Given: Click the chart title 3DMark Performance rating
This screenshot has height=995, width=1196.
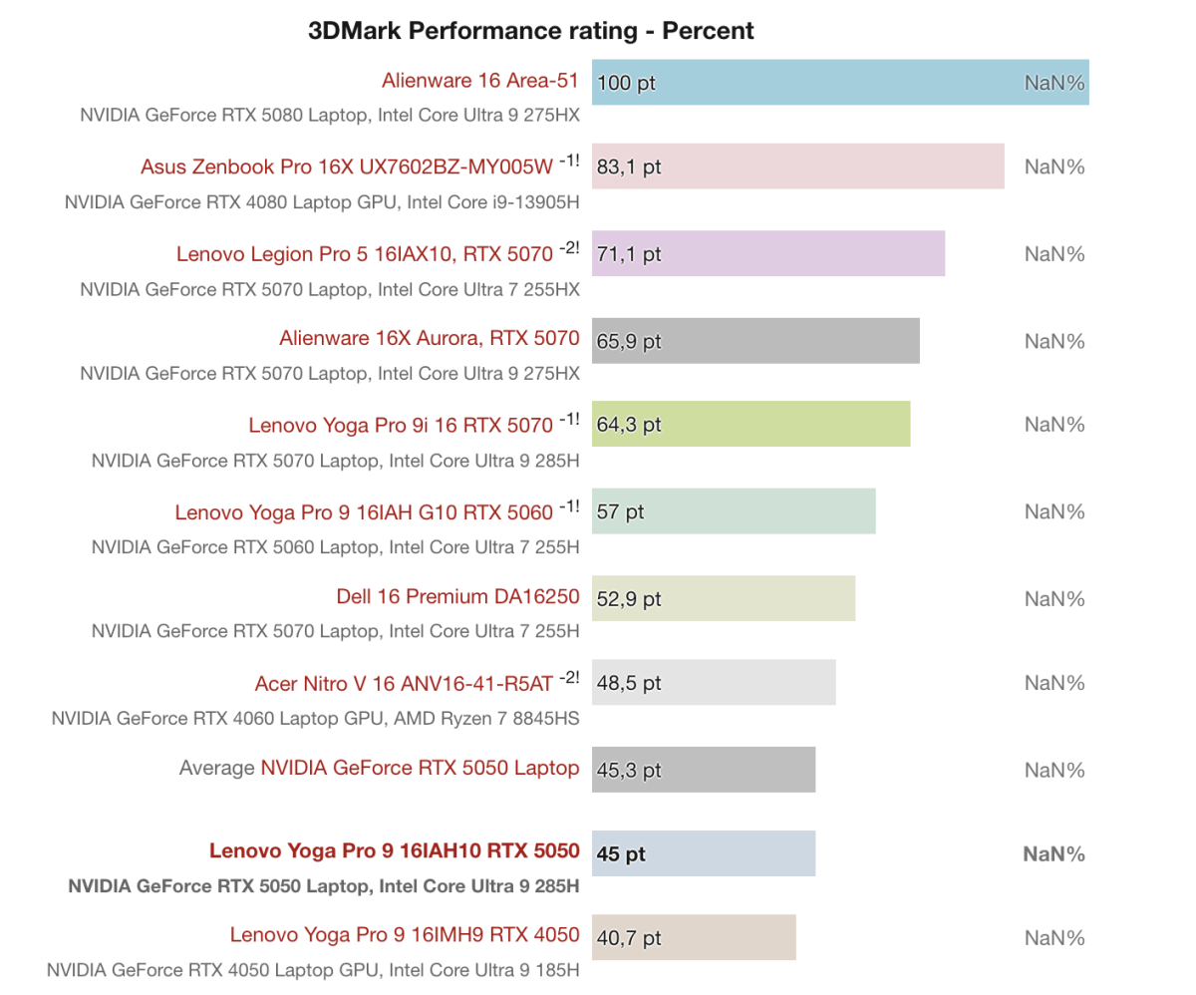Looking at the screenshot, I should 531,31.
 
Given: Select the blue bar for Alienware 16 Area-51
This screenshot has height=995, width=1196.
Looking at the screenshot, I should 839,82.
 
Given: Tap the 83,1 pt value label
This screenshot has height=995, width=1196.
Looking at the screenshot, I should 629,166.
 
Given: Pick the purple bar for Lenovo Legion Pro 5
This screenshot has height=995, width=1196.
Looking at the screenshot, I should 767,253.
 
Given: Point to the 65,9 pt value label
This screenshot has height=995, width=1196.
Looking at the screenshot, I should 629,341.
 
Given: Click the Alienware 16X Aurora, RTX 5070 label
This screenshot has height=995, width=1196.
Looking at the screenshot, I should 430,339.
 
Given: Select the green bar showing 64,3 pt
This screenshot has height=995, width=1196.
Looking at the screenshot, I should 750,425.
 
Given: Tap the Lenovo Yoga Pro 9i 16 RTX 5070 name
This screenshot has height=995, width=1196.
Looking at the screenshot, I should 400,426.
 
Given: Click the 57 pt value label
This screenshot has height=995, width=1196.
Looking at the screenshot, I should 621,512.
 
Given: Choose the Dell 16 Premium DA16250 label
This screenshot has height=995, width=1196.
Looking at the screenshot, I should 457,598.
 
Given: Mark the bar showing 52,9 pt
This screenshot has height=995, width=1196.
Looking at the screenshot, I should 723,598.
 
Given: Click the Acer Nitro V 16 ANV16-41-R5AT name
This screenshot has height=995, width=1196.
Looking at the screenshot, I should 403,685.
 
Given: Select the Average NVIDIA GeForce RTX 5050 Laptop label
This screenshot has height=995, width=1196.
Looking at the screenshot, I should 379,768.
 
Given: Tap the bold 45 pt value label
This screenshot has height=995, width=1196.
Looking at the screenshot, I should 621,854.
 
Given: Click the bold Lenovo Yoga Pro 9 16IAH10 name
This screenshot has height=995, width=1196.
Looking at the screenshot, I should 394,851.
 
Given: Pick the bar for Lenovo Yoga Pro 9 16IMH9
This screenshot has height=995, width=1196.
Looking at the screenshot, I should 694,937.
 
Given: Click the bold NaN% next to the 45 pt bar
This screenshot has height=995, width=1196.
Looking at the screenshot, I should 1053,854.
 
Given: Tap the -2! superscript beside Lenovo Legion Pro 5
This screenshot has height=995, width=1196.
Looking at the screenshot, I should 568,248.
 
